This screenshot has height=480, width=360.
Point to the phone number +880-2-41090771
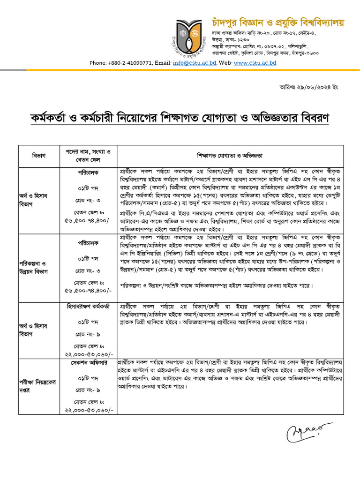(x=131, y=62)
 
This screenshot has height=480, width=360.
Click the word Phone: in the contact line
(x=98, y=62)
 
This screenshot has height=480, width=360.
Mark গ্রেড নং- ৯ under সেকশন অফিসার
(x=88, y=390)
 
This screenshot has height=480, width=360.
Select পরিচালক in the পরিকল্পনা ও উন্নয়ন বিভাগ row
(x=88, y=243)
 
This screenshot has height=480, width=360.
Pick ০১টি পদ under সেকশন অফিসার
(x=88, y=378)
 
